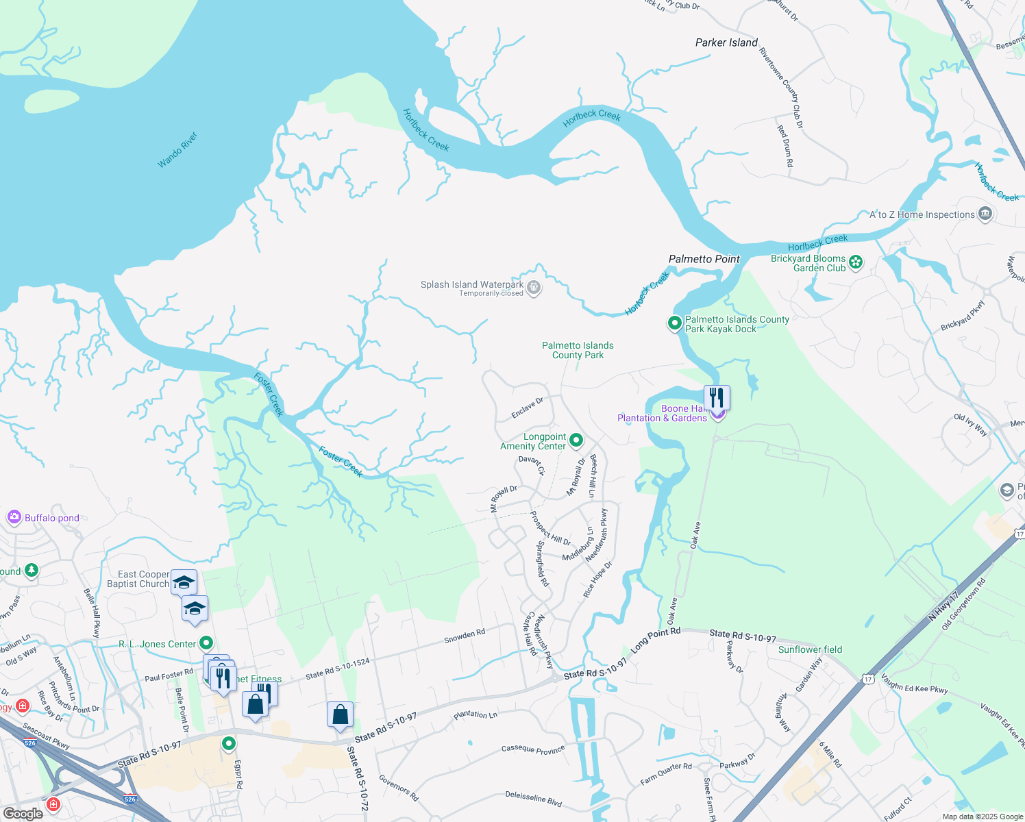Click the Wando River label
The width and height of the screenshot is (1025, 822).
click(177, 150)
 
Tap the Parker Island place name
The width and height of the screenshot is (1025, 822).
click(726, 42)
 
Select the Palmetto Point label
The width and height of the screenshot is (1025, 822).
click(704, 259)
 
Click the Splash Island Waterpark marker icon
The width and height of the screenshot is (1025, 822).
click(534, 288)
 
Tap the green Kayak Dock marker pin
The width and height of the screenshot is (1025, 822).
click(675, 323)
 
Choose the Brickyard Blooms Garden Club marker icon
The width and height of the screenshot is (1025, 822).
click(855, 262)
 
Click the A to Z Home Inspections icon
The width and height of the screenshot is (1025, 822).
click(985, 214)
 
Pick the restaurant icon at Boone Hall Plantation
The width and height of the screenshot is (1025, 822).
click(716, 397)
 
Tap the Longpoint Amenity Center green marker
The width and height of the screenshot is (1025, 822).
click(576, 440)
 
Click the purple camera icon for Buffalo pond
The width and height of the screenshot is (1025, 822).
click(14, 518)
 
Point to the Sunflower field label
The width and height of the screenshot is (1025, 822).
click(810, 649)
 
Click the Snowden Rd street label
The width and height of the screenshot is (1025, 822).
click(464, 635)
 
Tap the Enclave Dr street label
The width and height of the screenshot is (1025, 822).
click(527, 408)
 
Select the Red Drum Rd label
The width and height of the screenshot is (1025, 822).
click(785, 146)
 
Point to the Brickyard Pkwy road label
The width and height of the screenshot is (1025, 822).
click(962, 315)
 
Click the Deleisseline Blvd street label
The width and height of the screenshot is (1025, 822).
click(533, 798)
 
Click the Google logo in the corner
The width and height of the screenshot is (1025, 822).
click(23, 813)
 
